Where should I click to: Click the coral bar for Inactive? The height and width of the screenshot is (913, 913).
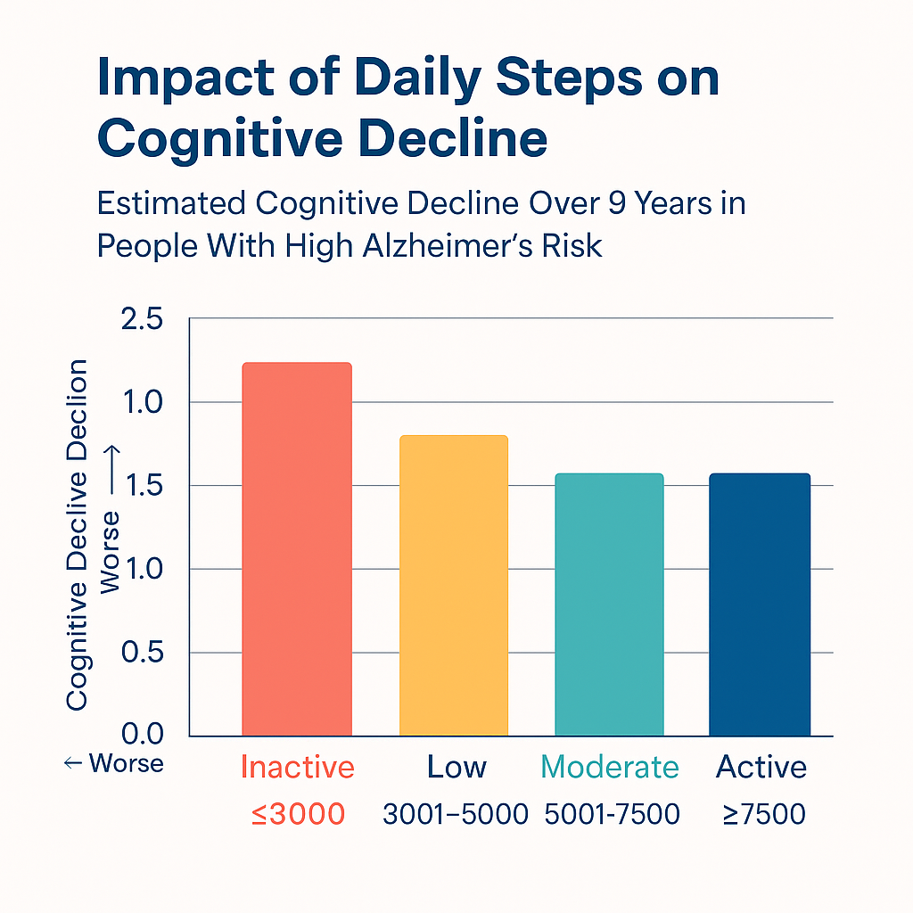(297, 548)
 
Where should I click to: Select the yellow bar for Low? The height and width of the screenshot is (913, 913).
(454, 585)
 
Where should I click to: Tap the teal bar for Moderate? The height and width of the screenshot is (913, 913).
(609, 604)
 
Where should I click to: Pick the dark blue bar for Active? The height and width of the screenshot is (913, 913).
(760, 604)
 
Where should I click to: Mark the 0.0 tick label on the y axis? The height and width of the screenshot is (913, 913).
(141, 735)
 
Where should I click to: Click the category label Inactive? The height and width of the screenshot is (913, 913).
(298, 767)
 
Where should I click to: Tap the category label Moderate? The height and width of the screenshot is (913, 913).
(610, 767)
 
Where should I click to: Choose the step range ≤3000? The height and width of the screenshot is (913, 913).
(298, 813)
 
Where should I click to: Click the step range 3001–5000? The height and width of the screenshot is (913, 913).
(456, 813)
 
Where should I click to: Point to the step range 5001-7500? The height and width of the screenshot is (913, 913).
(613, 813)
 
